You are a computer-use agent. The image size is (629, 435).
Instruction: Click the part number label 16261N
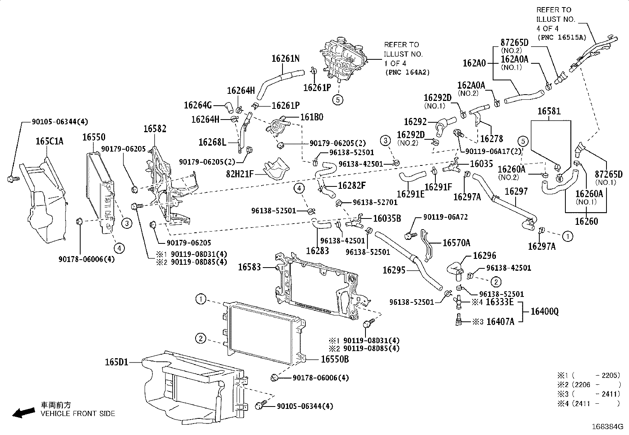click(x=285, y=59)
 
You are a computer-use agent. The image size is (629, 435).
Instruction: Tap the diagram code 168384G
click(x=607, y=427)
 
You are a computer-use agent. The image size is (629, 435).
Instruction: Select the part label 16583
click(x=249, y=268)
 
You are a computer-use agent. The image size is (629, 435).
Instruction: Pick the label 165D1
click(x=117, y=362)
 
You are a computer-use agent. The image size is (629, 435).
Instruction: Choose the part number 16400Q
click(x=544, y=312)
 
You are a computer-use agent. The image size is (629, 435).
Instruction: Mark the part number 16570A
click(x=456, y=243)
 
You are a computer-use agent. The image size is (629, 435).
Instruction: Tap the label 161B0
click(x=312, y=117)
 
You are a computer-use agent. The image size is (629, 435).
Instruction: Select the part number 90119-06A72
click(x=445, y=217)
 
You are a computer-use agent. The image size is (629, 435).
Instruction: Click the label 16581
click(x=549, y=112)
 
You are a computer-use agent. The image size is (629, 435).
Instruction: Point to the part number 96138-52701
click(x=375, y=202)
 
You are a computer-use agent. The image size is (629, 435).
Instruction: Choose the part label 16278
click(x=492, y=139)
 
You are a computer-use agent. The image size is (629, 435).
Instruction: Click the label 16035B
click(x=387, y=218)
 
